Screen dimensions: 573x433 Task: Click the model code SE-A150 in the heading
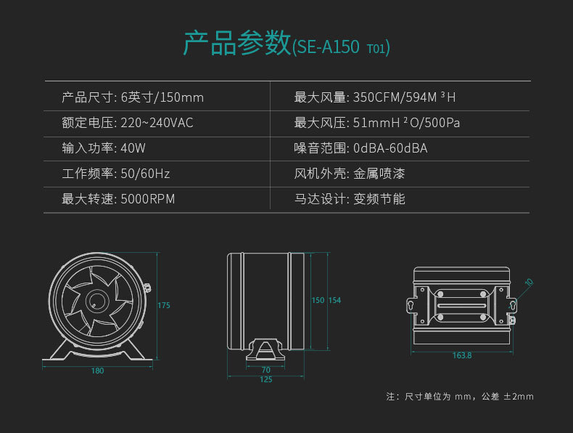coord(328,47)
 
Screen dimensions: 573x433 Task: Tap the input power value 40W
coord(133,148)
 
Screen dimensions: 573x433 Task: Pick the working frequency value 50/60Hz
coord(145,174)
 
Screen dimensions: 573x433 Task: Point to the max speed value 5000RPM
coord(147,199)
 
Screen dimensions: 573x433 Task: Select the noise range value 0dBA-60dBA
coord(390,148)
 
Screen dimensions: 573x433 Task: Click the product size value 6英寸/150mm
coord(162,97)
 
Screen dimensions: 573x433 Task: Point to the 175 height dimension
coord(164,306)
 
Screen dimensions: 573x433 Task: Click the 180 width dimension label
coord(97,371)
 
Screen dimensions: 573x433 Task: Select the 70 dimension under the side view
coord(265,370)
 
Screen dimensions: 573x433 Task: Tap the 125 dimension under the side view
coord(265,379)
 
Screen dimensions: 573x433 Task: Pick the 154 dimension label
coord(334,300)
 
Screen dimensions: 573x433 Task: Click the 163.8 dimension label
coord(462,355)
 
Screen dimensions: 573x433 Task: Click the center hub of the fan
coord(94,300)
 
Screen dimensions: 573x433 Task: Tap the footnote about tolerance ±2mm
coord(460,397)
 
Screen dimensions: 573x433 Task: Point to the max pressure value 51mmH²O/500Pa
coord(406,123)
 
